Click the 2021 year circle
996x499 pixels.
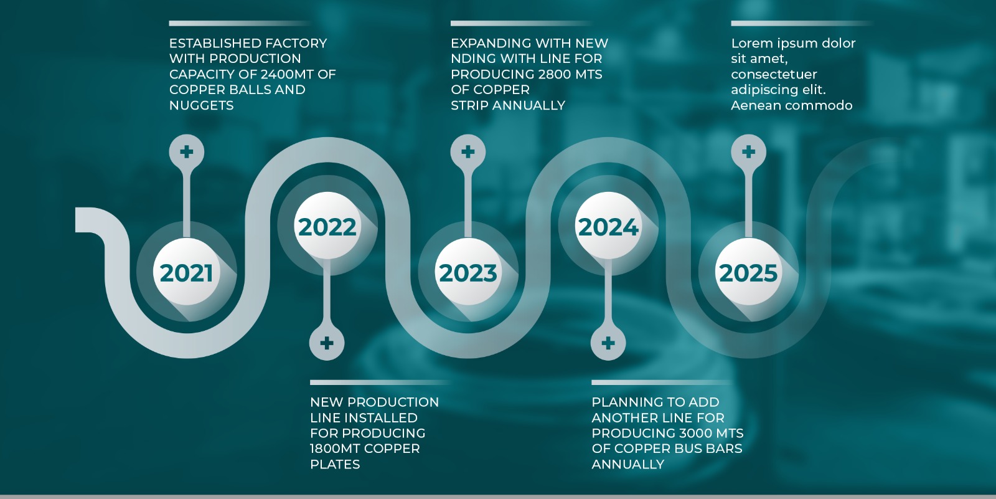coord(186,272)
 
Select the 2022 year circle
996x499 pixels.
coord(327,226)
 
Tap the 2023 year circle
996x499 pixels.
coord(467,272)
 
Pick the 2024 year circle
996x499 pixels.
coord(608,226)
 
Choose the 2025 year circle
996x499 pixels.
coord(748,272)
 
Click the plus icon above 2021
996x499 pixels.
coord(187,152)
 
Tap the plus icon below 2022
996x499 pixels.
coord(327,343)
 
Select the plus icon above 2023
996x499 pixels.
coord(467,152)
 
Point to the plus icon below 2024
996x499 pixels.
coord(608,343)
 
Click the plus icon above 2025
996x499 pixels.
coord(749,152)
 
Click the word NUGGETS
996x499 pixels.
coord(202,105)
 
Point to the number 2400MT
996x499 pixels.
coord(281,74)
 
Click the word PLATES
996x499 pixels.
coord(336,464)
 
